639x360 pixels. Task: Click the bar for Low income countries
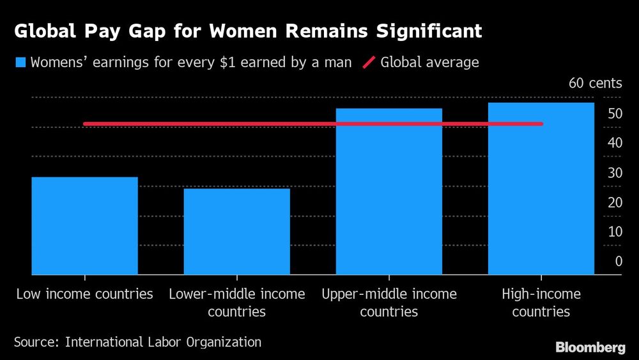point(85,226)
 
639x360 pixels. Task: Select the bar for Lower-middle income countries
point(236,231)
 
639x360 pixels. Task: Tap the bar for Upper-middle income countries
point(389,191)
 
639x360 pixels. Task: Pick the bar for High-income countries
point(541,189)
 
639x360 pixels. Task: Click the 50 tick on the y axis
point(615,114)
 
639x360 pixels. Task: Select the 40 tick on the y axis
point(615,143)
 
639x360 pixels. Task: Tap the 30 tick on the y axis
point(615,173)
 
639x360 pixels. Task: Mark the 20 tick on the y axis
point(615,202)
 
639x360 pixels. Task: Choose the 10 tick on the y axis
point(615,231)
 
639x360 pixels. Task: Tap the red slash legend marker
point(369,63)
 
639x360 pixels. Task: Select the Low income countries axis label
point(85,294)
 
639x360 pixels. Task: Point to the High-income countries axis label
point(541,303)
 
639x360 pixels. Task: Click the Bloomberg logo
point(590,347)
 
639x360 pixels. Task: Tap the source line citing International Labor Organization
point(137,342)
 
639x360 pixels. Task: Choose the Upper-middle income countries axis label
point(389,303)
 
